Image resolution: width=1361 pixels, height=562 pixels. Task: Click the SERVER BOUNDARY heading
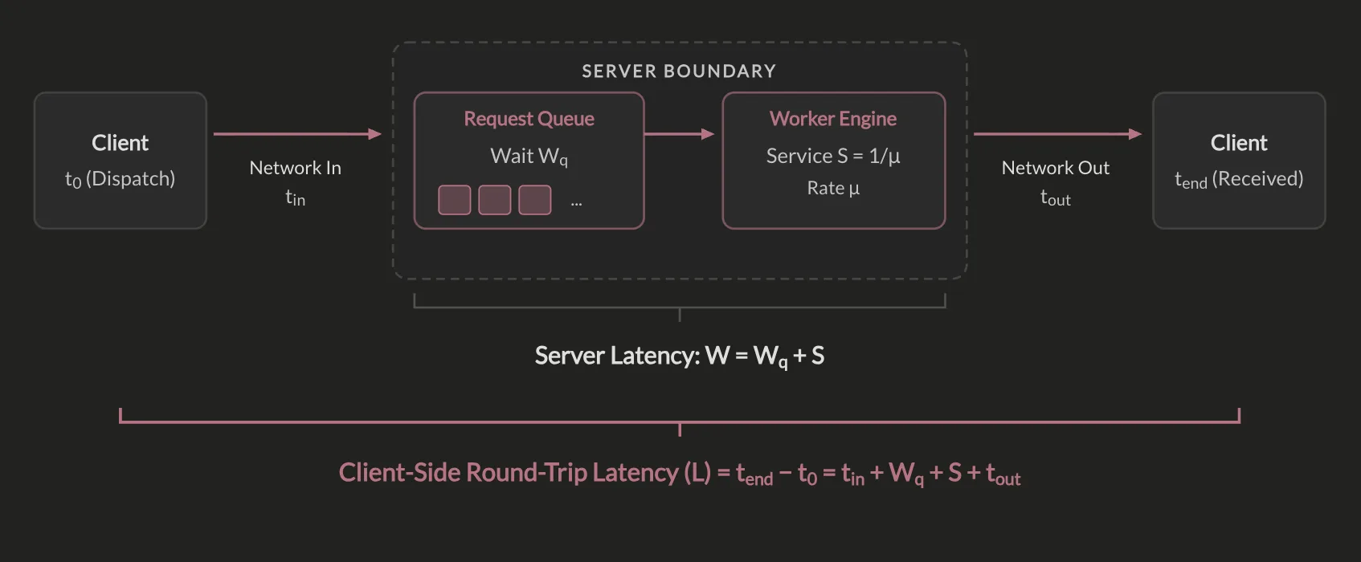679,71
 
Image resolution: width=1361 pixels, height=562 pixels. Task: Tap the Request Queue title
529,118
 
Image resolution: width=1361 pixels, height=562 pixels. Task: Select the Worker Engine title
833,118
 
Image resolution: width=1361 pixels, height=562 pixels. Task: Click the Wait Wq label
529,157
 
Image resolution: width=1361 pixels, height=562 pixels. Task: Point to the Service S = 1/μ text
833,156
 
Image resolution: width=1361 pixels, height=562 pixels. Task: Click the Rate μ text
833,188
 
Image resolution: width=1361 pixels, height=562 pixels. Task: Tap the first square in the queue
455,200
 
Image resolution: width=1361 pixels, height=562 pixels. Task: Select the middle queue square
495,200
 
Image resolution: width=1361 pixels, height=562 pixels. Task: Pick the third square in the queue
535,200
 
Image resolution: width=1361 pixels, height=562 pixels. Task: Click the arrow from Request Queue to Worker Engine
679,134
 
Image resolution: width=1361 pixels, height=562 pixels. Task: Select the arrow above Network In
298,134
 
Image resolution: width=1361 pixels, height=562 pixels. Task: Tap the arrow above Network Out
1058,134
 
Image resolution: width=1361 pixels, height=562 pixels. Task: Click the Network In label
296,168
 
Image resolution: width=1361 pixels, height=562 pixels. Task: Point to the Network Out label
1056,168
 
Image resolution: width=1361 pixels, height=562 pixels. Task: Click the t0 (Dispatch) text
121,179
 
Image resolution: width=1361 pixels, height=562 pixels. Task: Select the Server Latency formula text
679,356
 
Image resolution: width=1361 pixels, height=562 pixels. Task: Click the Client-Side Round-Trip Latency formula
679,474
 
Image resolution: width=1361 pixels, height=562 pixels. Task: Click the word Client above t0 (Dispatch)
121,143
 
